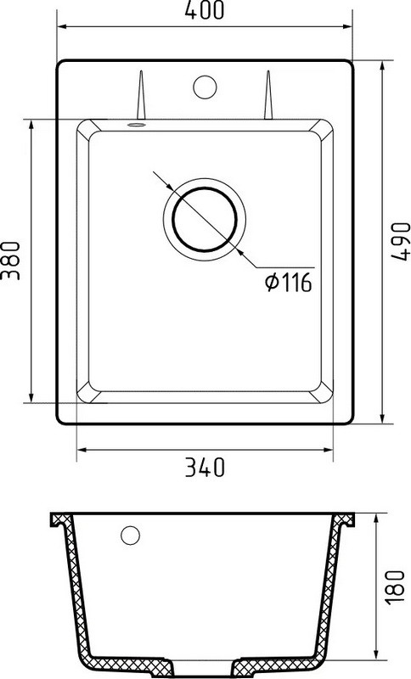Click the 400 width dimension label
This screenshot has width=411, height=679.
[205, 9]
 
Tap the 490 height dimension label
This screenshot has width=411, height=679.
[400, 242]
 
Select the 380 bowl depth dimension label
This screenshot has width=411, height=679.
[10, 261]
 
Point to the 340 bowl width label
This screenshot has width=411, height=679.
[205, 468]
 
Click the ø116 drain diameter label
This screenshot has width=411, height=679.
[289, 283]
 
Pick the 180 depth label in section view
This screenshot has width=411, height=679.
[395, 587]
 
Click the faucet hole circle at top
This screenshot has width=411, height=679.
[205, 87]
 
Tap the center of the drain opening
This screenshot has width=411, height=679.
[205, 219]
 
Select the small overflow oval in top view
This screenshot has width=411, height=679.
[137, 125]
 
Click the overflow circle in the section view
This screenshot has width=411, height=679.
[130, 536]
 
